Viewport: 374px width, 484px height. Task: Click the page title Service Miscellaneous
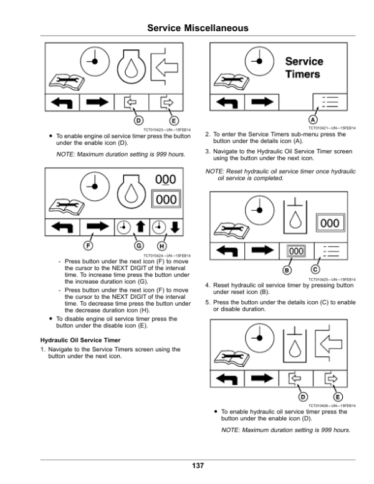coord(186,29)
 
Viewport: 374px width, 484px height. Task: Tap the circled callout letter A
coord(314,119)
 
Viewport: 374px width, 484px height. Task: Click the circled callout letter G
coord(139,245)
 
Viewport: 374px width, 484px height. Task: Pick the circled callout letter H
coord(163,245)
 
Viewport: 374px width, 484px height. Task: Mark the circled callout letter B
coord(287,269)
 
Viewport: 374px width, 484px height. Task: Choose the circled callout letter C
coord(315,269)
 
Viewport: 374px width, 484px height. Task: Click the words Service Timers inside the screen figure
coord(304,68)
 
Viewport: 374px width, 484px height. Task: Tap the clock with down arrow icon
coord(166,228)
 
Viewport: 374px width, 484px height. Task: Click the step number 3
coord(207,152)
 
